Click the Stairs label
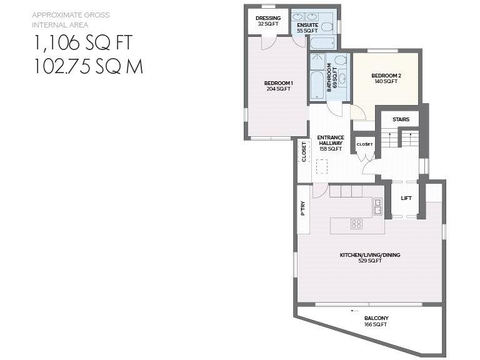point(401,119)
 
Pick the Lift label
point(406,198)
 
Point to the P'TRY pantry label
point(303,207)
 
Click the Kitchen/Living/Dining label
point(370,255)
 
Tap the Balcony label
point(376,319)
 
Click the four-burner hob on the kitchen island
point(357,223)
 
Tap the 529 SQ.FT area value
point(370,261)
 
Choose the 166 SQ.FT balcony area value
point(376,325)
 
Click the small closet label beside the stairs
point(364,144)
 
